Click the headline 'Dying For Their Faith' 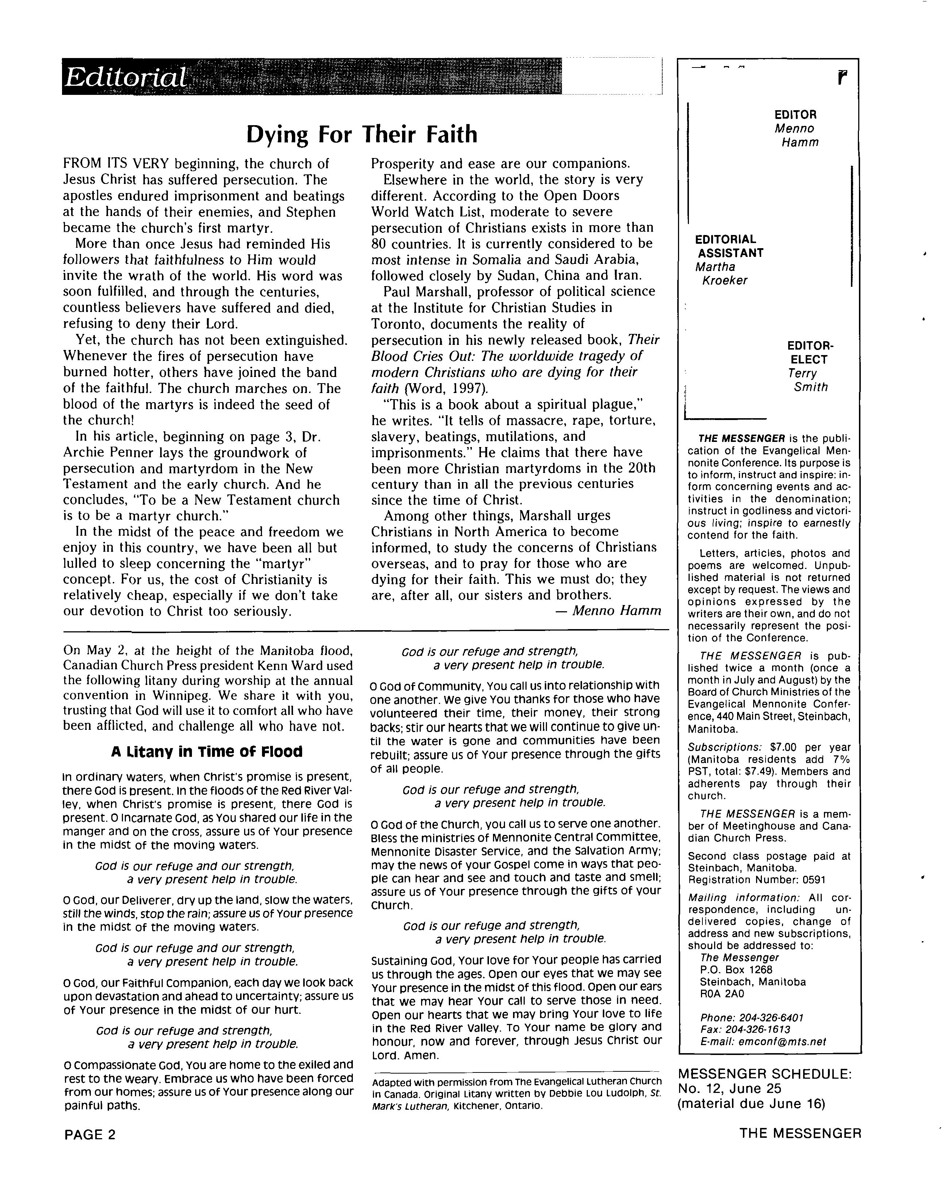coord(361,135)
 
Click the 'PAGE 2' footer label coord(90,1135)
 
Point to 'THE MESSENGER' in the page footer coord(800,1133)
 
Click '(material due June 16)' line coord(751,1104)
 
